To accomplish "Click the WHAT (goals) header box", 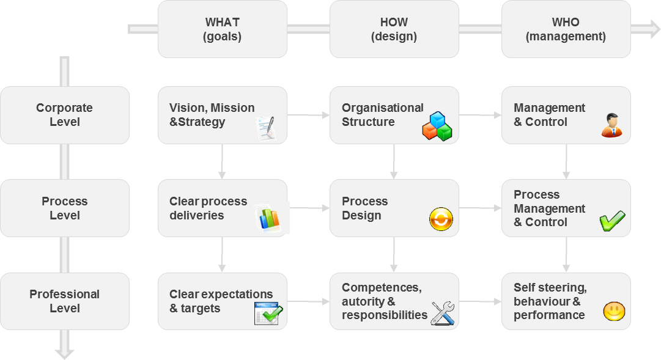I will pyautogui.click(x=222, y=29).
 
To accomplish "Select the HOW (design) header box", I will pyautogui.click(x=394, y=29).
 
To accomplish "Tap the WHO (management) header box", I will pyautogui.click(x=566, y=29).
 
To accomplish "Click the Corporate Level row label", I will pyautogui.click(x=64, y=115).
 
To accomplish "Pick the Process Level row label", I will pyautogui.click(x=64, y=208).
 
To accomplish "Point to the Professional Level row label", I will pyautogui.click(x=64, y=301).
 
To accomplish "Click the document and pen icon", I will pyautogui.click(x=266, y=128).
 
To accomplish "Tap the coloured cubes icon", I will pyautogui.click(x=437, y=126).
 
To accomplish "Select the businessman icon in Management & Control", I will pyautogui.click(x=611, y=125).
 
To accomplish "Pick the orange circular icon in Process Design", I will pyautogui.click(x=441, y=219).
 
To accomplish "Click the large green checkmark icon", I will pyautogui.click(x=612, y=221).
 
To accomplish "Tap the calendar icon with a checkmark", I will pyautogui.click(x=268, y=313).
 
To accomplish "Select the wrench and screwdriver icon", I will pyautogui.click(x=442, y=312).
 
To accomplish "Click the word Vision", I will pyautogui.click(x=186, y=108).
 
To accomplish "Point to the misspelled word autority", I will pyautogui.click(x=364, y=301).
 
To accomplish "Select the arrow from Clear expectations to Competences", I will pyautogui.click(x=308, y=301).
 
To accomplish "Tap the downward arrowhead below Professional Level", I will pyautogui.click(x=64, y=353).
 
